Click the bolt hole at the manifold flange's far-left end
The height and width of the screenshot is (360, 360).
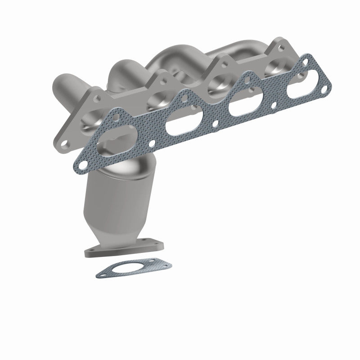[x=66, y=143]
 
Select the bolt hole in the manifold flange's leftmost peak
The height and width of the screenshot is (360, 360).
[x=96, y=95]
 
